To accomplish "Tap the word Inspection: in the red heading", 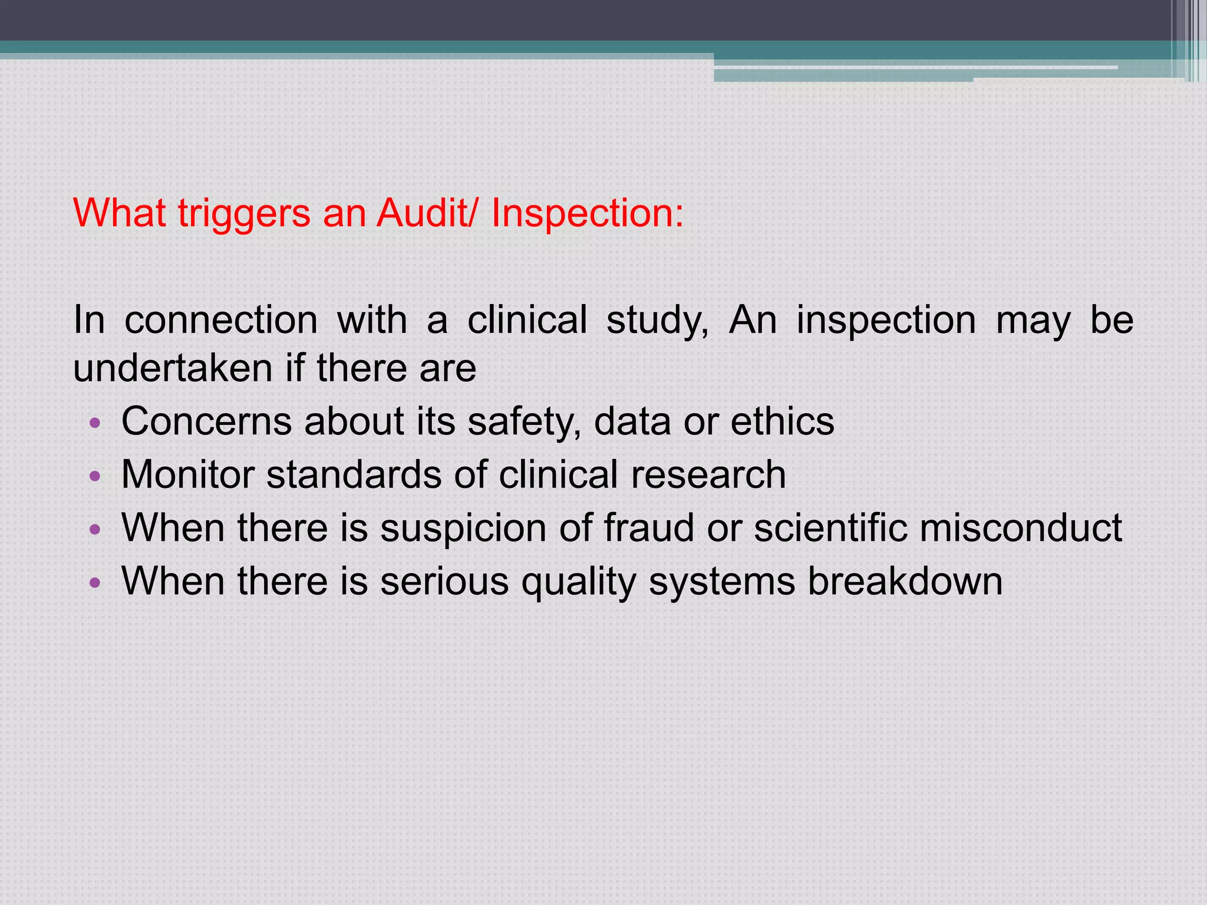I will (588, 213).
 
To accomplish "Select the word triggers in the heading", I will (244, 213).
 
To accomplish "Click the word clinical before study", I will (527, 320).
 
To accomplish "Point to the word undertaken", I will (172, 368).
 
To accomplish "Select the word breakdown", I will (905, 581).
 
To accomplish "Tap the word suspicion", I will (463, 527).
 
